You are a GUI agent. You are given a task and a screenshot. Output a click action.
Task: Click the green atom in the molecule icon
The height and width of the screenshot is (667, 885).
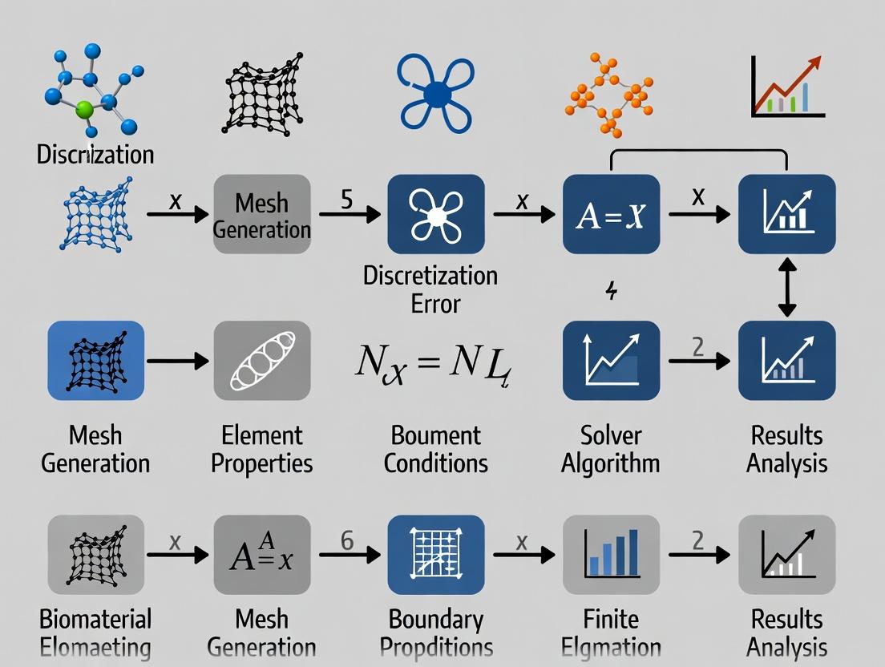pyautogui.click(x=85, y=110)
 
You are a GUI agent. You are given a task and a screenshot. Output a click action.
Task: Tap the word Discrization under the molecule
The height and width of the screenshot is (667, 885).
pyautogui.click(x=95, y=153)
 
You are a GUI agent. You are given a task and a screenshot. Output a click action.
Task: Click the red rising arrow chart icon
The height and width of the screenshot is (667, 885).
pyautogui.click(x=789, y=87)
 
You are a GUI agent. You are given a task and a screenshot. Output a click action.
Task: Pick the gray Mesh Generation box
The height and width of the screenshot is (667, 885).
pyautogui.click(x=262, y=215)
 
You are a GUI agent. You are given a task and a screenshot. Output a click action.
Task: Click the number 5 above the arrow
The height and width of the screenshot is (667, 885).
pyautogui.click(x=346, y=198)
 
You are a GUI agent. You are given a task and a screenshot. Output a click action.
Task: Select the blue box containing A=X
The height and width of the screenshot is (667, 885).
pyautogui.click(x=611, y=215)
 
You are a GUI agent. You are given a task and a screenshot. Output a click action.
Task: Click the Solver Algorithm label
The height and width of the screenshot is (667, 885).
pyautogui.click(x=611, y=449)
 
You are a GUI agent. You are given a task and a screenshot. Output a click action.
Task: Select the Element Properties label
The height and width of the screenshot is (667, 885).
pyautogui.click(x=262, y=449)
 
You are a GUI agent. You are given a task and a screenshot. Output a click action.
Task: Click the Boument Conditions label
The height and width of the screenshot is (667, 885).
pyautogui.click(x=435, y=449)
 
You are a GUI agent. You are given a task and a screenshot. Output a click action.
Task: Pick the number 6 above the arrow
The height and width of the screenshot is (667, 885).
pyautogui.click(x=347, y=541)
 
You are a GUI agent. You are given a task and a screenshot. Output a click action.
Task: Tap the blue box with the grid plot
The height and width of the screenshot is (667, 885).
pyautogui.click(x=435, y=555)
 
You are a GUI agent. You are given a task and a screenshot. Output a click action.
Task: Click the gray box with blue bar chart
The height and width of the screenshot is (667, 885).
pyautogui.click(x=611, y=555)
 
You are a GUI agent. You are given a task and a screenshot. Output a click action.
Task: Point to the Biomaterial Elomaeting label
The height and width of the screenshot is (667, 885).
pyautogui.click(x=95, y=633)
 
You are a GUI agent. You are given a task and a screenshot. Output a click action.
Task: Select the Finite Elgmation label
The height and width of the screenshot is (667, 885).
pyautogui.click(x=611, y=633)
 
